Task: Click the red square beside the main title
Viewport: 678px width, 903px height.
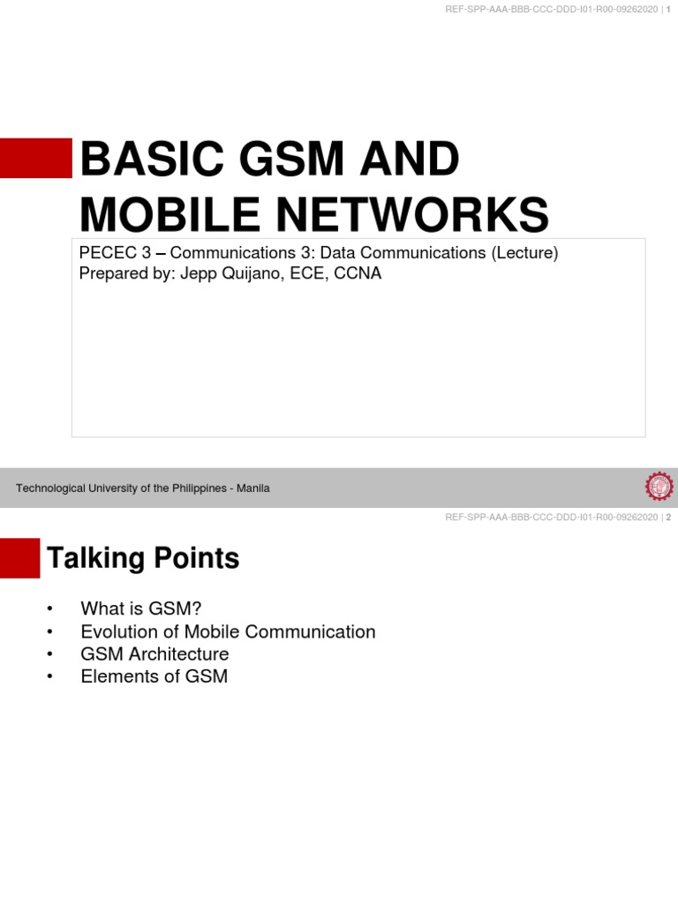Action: (35, 158)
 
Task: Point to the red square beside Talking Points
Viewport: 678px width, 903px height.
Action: (19, 558)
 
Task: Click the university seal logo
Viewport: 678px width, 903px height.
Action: (659, 487)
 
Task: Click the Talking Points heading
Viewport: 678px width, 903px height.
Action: (142, 558)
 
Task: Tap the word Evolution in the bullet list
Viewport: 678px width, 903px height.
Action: (120, 631)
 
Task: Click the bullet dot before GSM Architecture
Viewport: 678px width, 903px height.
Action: (50, 654)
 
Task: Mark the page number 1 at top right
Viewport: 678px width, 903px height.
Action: (668, 9)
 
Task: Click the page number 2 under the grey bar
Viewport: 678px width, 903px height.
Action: (668, 518)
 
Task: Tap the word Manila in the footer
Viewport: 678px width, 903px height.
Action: (254, 488)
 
